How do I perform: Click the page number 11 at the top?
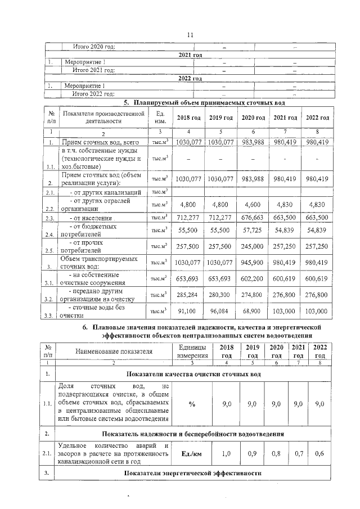pyautogui.click(x=190, y=34)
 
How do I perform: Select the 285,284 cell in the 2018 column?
pyautogui.click(x=188, y=294)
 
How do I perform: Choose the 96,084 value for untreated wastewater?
pyautogui.click(x=221, y=310)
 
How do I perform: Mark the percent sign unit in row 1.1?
pyautogui.click(x=192, y=404)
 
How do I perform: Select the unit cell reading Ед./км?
pyautogui.click(x=192, y=453)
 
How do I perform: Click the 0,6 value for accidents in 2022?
pyautogui.click(x=319, y=453)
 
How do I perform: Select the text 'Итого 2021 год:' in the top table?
pyautogui.click(x=94, y=70)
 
